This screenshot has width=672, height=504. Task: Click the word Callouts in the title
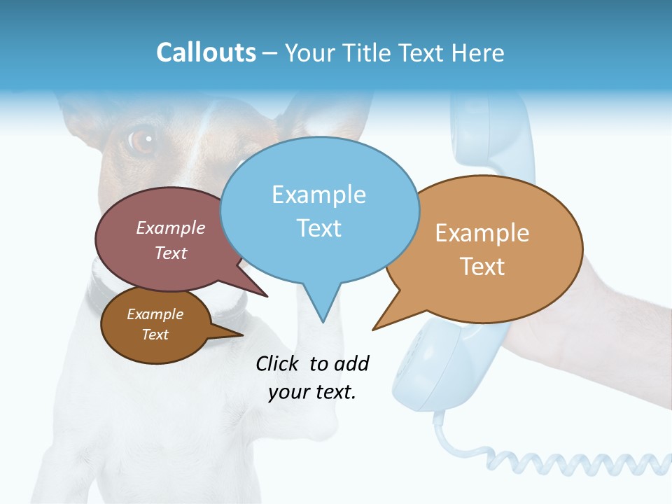tap(206, 52)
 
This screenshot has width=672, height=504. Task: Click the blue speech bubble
tap(319, 210)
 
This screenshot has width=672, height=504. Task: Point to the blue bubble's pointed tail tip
tap(323, 322)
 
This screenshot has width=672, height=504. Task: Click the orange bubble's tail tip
tap(373, 329)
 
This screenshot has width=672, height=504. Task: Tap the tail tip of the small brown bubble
tap(242, 335)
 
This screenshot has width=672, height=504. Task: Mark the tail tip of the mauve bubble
tap(267, 296)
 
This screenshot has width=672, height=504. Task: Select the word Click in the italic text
tap(279, 363)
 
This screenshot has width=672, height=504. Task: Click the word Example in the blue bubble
tap(318, 195)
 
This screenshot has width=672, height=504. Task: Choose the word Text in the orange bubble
tap(482, 267)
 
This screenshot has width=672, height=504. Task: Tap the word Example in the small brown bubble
tap(155, 314)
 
